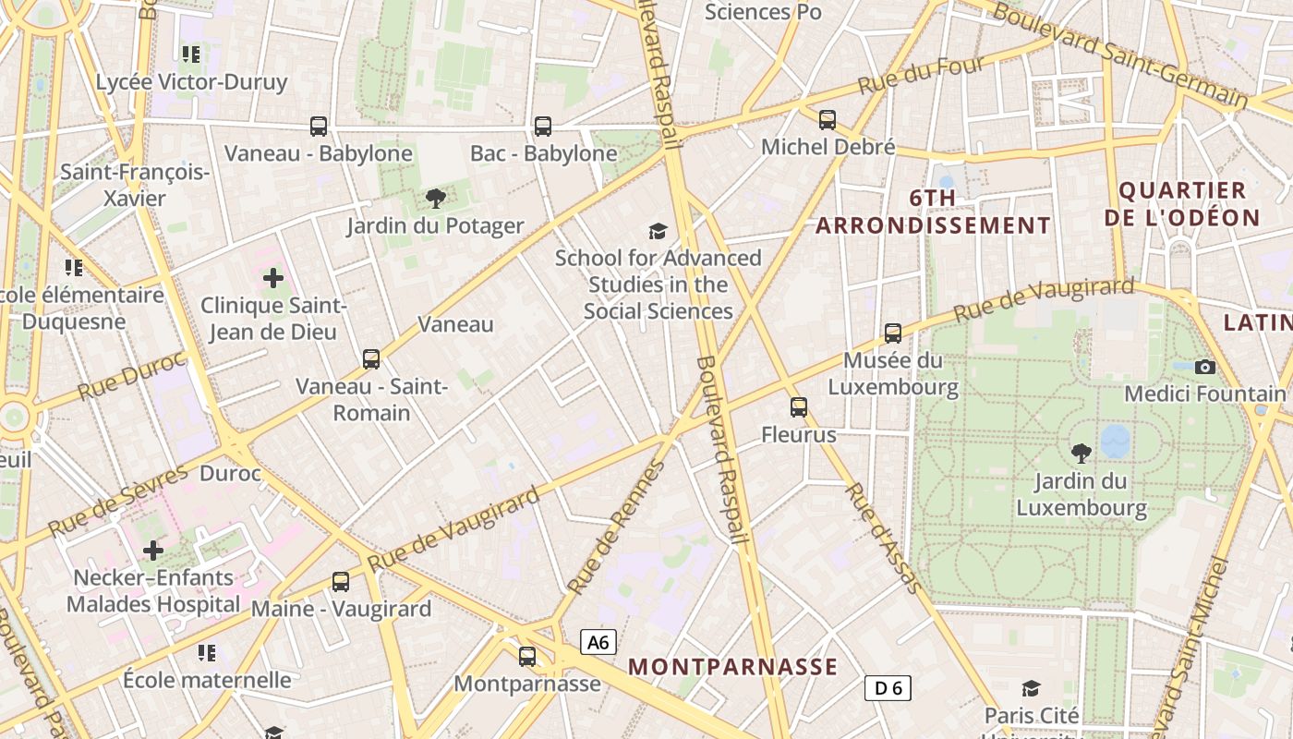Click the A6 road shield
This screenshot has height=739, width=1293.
click(x=598, y=642)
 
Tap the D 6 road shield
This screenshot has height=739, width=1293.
click(x=888, y=687)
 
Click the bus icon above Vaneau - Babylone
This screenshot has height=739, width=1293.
click(x=319, y=126)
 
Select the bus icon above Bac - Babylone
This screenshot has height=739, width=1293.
click(x=543, y=126)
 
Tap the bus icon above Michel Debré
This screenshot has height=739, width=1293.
click(x=828, y=119)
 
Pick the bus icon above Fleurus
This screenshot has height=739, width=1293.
click(x=799, y=406)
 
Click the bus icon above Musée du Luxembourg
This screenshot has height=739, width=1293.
click(x=893, y=333)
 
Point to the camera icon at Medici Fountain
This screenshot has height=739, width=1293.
click(x=1204, y=367)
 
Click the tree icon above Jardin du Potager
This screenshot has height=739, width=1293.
click(x=435, y=198)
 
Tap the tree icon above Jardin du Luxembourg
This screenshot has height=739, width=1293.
click(x=1082, y=453)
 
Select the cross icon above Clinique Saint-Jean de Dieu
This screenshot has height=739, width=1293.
click(x=273, y=277)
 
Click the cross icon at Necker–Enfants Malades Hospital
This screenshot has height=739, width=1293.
click(x=153, y=551)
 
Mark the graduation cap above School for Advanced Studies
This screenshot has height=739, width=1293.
click(x=658, y=230)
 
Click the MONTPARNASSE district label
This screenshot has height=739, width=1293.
click(x=733, y=666)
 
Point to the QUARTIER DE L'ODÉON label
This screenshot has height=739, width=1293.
click(x=1190, y=204)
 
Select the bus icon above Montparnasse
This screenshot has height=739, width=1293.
click(x=527, y=657)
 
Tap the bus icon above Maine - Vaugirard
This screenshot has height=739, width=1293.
click(x=341, y=582)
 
